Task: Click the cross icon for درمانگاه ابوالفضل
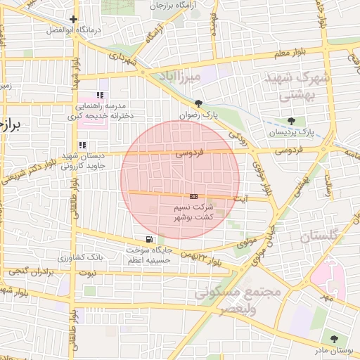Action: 74,19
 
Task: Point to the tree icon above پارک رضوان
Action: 199,103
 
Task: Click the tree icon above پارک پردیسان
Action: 292,120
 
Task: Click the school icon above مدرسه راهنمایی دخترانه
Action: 100,95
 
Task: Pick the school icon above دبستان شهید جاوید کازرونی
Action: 82,145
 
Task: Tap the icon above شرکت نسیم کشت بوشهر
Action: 193,196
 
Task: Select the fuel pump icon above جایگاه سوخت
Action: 148,238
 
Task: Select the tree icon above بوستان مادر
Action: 334,339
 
